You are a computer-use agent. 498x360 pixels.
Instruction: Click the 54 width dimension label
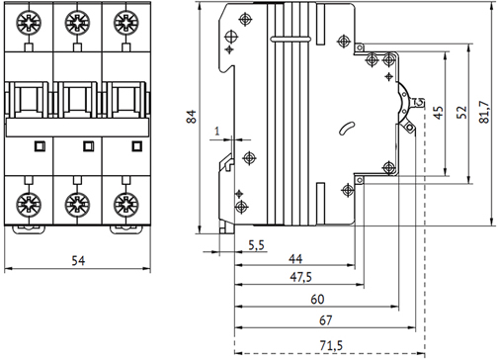78,261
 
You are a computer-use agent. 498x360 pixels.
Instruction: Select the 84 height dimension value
192,117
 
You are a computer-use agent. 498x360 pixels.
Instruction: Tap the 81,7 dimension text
484,112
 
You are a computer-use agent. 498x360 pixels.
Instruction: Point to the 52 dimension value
462,112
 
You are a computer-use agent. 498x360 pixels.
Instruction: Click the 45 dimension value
439,113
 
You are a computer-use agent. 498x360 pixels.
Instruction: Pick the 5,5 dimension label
256,245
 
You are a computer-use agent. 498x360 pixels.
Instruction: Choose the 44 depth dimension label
295,259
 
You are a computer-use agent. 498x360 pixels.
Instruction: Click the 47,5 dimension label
300,277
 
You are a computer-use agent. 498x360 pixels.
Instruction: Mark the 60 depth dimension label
317,300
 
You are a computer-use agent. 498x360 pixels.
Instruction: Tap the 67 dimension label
326,320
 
